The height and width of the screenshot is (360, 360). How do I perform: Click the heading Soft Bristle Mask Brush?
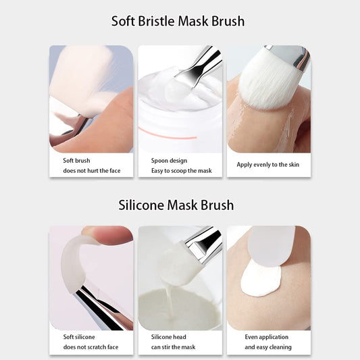pyautogui.click(x=178, y=22)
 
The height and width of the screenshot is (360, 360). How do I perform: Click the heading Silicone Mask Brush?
pyautogui.click(x=176, y=205)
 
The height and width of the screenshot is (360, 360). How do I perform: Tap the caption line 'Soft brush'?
pyautogui.click(x=76, y=161)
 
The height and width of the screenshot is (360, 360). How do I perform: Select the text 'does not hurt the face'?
pyautogui.click(x=92, y=171)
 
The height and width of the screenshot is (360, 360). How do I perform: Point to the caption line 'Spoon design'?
pyautogui.click(x=170, y=161)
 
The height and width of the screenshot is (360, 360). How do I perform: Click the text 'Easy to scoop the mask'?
pyautogui.click(x=182, y=171)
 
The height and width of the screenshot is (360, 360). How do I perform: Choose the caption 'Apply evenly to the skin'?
pyautogui.click(x=268, y=165)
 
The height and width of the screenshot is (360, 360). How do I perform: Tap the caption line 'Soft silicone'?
pyautogui.click(x=79, y=337)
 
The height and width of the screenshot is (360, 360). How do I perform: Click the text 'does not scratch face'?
pyautogui.click(x=91, y=347)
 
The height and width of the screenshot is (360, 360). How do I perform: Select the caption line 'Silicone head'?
pyautogui.click(x=169, y=337)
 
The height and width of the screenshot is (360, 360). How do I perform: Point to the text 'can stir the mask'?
pyautogui.click(x=173, y=347)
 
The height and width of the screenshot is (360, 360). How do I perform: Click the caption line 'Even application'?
pyautogui.click(x=267, y=337)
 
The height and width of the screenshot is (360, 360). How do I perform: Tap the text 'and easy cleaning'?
pyautogui.click(x=268, y=347)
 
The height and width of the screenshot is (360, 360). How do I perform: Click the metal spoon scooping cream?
pyautogui.click(x=197, y=67)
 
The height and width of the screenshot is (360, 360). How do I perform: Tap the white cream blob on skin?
pyautogui.click(x=260, y=279)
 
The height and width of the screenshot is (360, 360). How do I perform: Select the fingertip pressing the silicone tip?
pyautogui.click(x=108, y=234)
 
